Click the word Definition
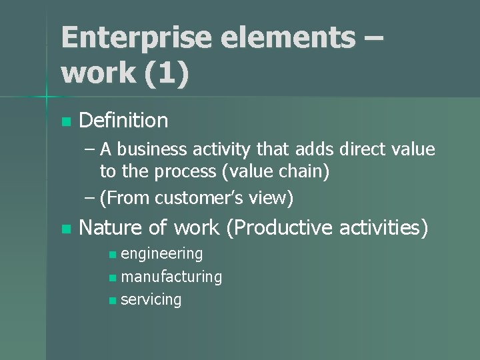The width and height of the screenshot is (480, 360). pos(123,121)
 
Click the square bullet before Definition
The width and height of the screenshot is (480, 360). pos(65,122)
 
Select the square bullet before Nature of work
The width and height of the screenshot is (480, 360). pos(65,229)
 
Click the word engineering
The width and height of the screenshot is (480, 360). pos(162,253)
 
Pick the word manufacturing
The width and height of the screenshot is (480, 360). pos(171,276)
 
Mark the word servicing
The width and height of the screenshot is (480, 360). pos(151,299)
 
